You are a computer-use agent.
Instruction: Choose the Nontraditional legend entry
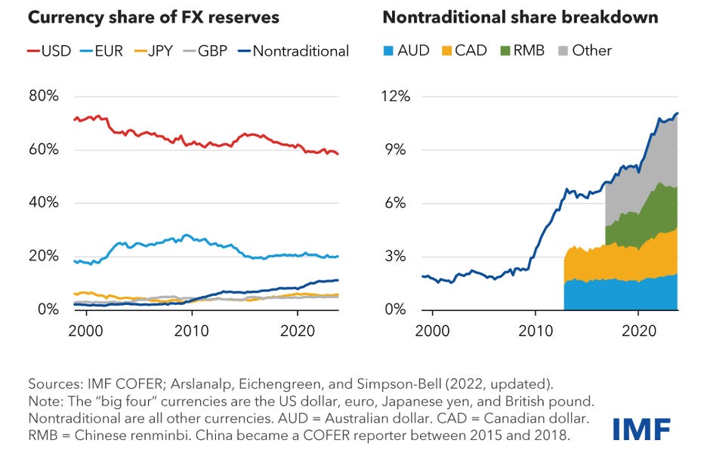[291, 51]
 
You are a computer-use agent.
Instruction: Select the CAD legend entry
[462, 51]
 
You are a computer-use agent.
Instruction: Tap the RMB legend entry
[519, 51]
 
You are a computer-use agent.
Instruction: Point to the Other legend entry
[582, 51]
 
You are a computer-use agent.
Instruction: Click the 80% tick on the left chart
[43, 97]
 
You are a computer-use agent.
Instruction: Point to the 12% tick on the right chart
[394, 97]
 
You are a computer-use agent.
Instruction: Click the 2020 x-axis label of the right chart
[638, 330]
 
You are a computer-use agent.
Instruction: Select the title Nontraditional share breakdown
[520, 17]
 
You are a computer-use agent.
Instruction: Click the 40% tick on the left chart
[43, 203]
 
